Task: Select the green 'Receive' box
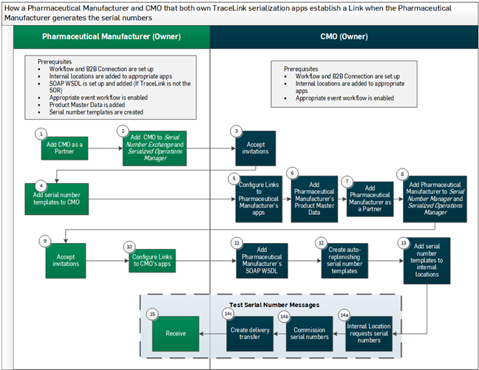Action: [176, 332]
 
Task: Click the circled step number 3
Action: [237, 130]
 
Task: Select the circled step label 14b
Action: [285, 316]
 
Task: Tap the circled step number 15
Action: [153, 315]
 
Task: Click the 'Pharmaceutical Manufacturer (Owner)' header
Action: [106, 36]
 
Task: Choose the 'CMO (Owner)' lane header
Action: [344, 36]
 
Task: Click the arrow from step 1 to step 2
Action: [103, 146]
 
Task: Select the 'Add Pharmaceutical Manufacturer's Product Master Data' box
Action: [314, 199]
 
